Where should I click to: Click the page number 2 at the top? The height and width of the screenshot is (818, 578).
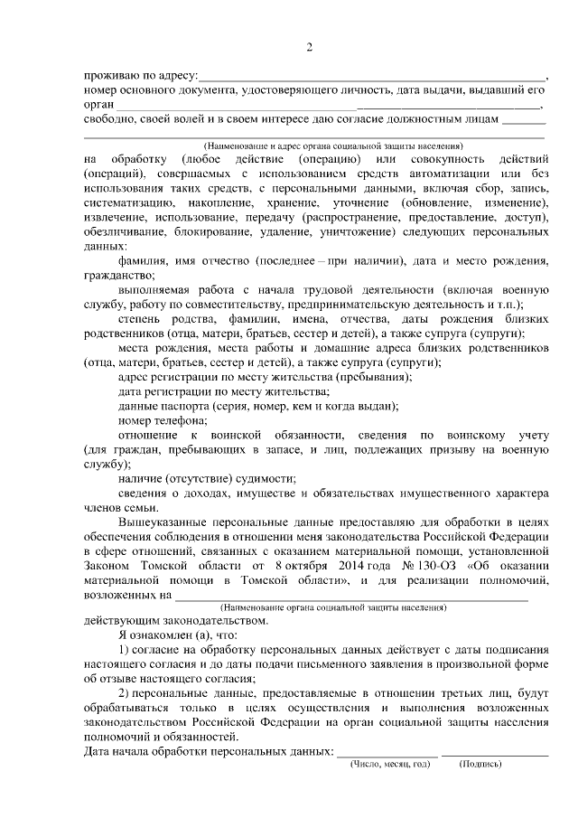[309, 47]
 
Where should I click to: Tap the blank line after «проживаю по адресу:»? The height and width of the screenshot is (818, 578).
[371, 78]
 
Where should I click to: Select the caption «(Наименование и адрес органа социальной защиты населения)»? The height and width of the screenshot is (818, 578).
[333, 145]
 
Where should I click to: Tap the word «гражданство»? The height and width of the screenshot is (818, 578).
[117, 276]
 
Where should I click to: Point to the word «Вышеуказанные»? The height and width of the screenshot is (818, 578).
[163, 522]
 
